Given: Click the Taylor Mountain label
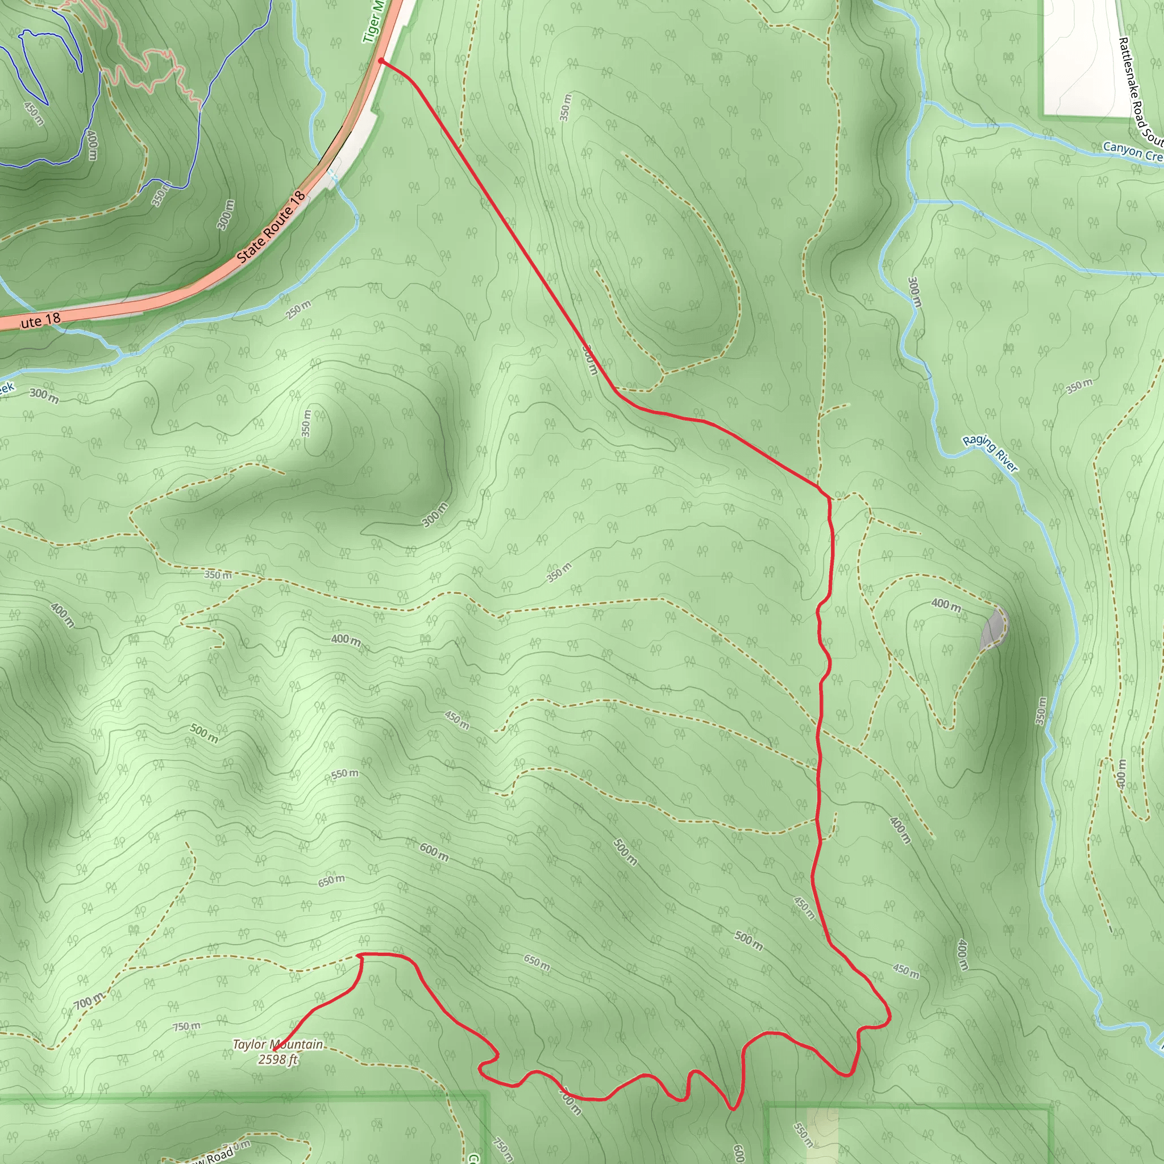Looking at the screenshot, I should pos(278,1044).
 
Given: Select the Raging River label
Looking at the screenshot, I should pos(990,453).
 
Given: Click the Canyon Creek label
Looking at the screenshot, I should pos(1133,151).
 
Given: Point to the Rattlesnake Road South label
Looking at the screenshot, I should pos(1141,90).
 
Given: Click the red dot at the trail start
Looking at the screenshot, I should pos(381,61).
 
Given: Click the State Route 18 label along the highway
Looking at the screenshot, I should pos(271,228).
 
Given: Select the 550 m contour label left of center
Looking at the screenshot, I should pos(344,774).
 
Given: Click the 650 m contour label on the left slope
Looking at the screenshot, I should pos(331,882).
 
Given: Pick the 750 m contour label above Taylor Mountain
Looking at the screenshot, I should pos(187,1026).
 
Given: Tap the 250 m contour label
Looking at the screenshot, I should pos(298,310).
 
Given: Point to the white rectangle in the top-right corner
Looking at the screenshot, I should pos(1084,57).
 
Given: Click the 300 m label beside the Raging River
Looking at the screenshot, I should pos(914,292).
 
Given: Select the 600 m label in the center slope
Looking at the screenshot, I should pos(434,852).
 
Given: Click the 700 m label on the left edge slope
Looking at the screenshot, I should pos(89,1002).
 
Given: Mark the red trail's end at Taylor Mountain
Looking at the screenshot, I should pos(274,1050).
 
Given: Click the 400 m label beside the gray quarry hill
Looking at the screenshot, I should pos(946,604).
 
